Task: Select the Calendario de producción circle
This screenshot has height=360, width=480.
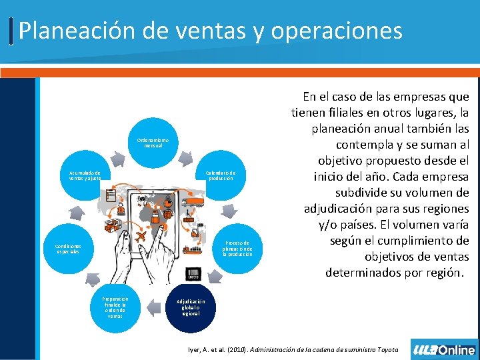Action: pos(221,175)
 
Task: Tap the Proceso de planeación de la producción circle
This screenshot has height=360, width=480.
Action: pos(237,249)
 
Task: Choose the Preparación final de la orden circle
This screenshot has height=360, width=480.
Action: pos(115,306)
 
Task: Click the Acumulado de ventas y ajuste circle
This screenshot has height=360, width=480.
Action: pos(85,175)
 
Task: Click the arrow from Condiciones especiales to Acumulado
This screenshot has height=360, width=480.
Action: pos(75,213)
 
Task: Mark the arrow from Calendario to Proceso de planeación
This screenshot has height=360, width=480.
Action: pos(231,211)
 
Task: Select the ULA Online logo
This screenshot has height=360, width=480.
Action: pos(444,349)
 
